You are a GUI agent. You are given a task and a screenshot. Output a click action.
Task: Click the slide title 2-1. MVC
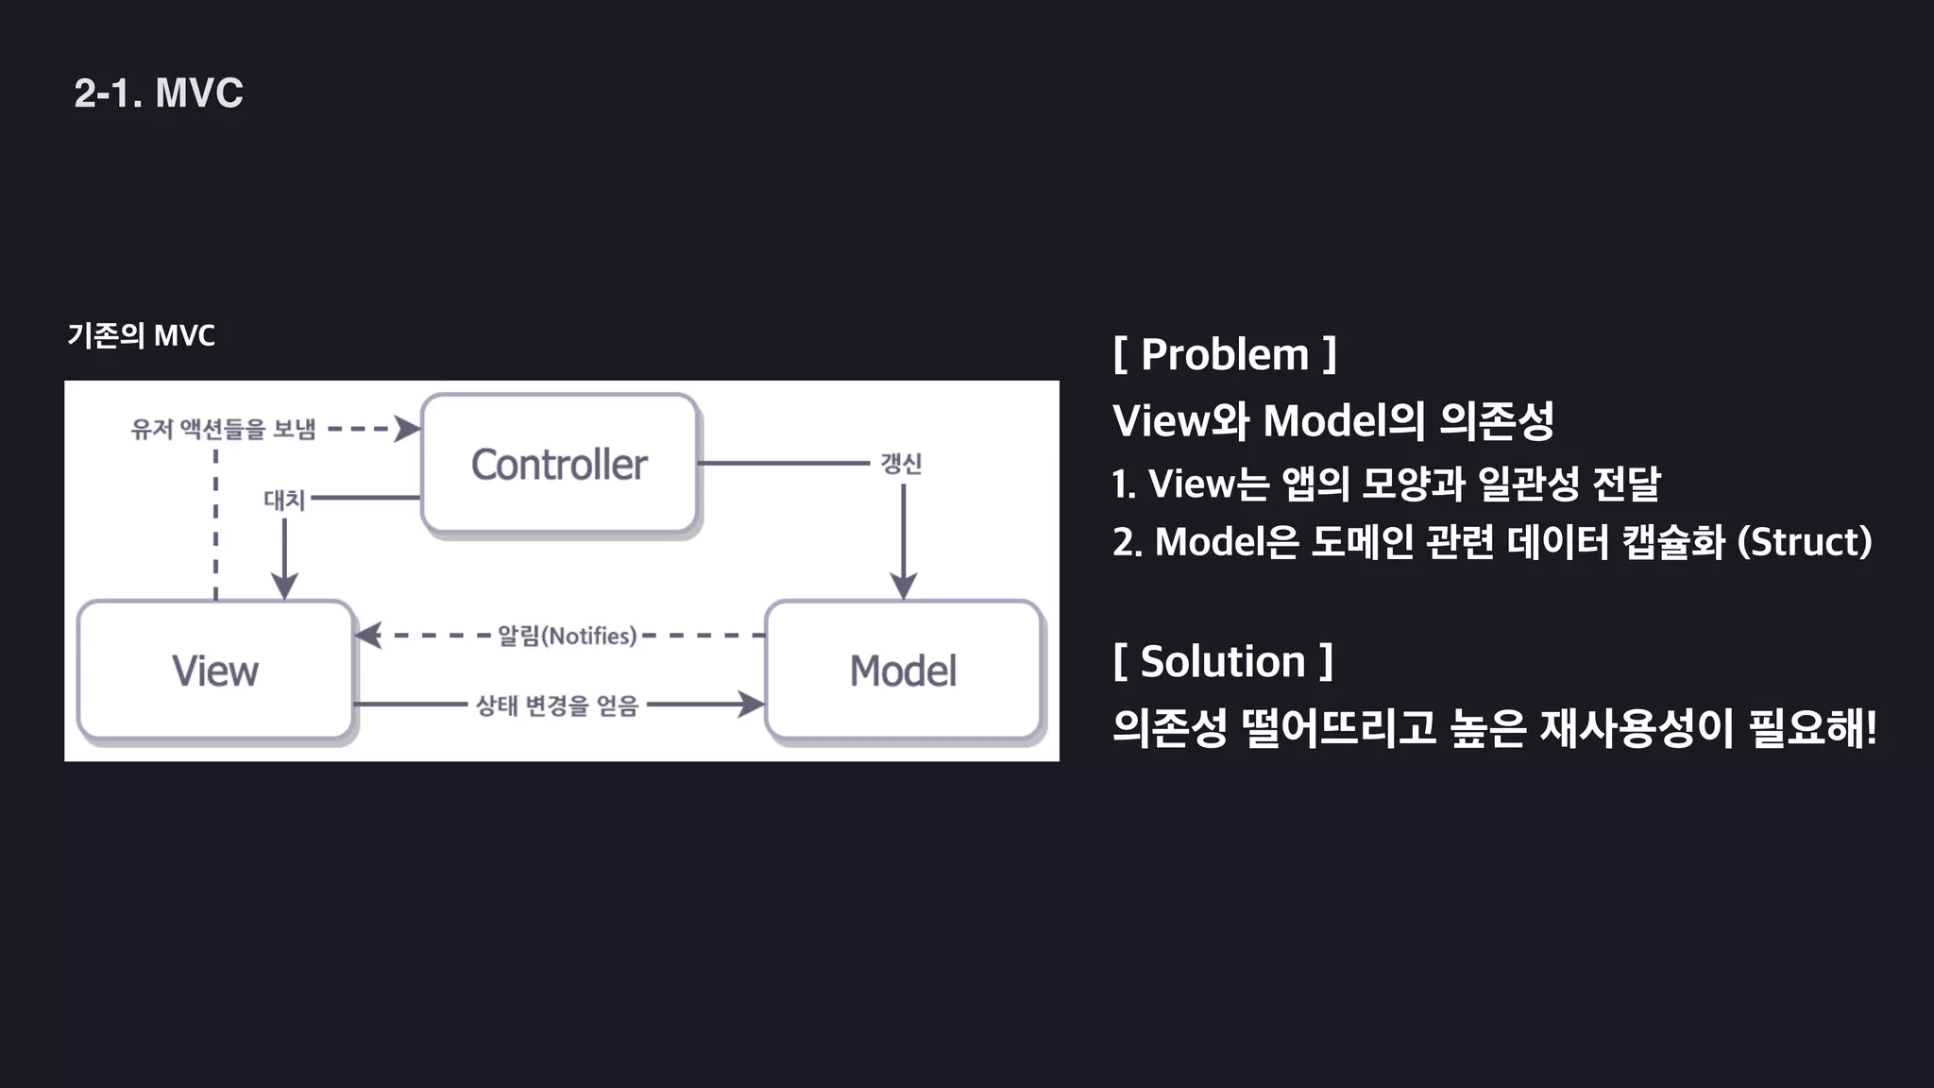[159, 93]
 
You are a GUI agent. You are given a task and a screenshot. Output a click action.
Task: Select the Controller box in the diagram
[559, 465]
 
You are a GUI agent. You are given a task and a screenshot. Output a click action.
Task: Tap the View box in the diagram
[215, 671]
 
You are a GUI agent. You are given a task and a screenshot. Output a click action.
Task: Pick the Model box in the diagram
[903, 671]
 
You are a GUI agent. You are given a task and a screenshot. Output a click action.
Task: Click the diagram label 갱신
[901, 464]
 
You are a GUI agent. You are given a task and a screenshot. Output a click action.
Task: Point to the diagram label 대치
[284, 499]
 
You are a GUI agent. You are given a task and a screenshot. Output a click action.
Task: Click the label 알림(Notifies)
[567, 636]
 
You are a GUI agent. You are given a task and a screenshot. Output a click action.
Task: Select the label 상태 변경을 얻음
[557, 705]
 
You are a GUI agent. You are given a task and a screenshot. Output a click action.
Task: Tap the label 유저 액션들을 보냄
[224, 429]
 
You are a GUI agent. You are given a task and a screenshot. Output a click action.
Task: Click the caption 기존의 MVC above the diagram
[142, 335]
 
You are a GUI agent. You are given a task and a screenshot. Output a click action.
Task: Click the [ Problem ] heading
[1225, 355]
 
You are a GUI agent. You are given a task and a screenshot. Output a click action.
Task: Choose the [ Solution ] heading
[1223, 661]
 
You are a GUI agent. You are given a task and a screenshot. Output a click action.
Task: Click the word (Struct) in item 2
[1805, 542]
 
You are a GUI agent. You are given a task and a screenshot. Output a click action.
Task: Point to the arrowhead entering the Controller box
[408, 429]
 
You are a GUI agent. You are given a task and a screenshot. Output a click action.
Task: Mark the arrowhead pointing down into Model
[904, 586]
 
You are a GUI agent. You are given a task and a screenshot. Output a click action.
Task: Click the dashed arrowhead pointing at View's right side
[368, 636]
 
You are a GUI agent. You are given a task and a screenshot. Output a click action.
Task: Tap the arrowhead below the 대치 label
[284, 586]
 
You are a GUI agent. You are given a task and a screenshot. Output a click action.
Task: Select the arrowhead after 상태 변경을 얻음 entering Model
[751, 705]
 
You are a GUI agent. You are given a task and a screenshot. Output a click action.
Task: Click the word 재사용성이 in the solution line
[1637, 728]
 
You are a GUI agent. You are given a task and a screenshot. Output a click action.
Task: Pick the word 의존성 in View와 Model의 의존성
[1497, 421]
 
